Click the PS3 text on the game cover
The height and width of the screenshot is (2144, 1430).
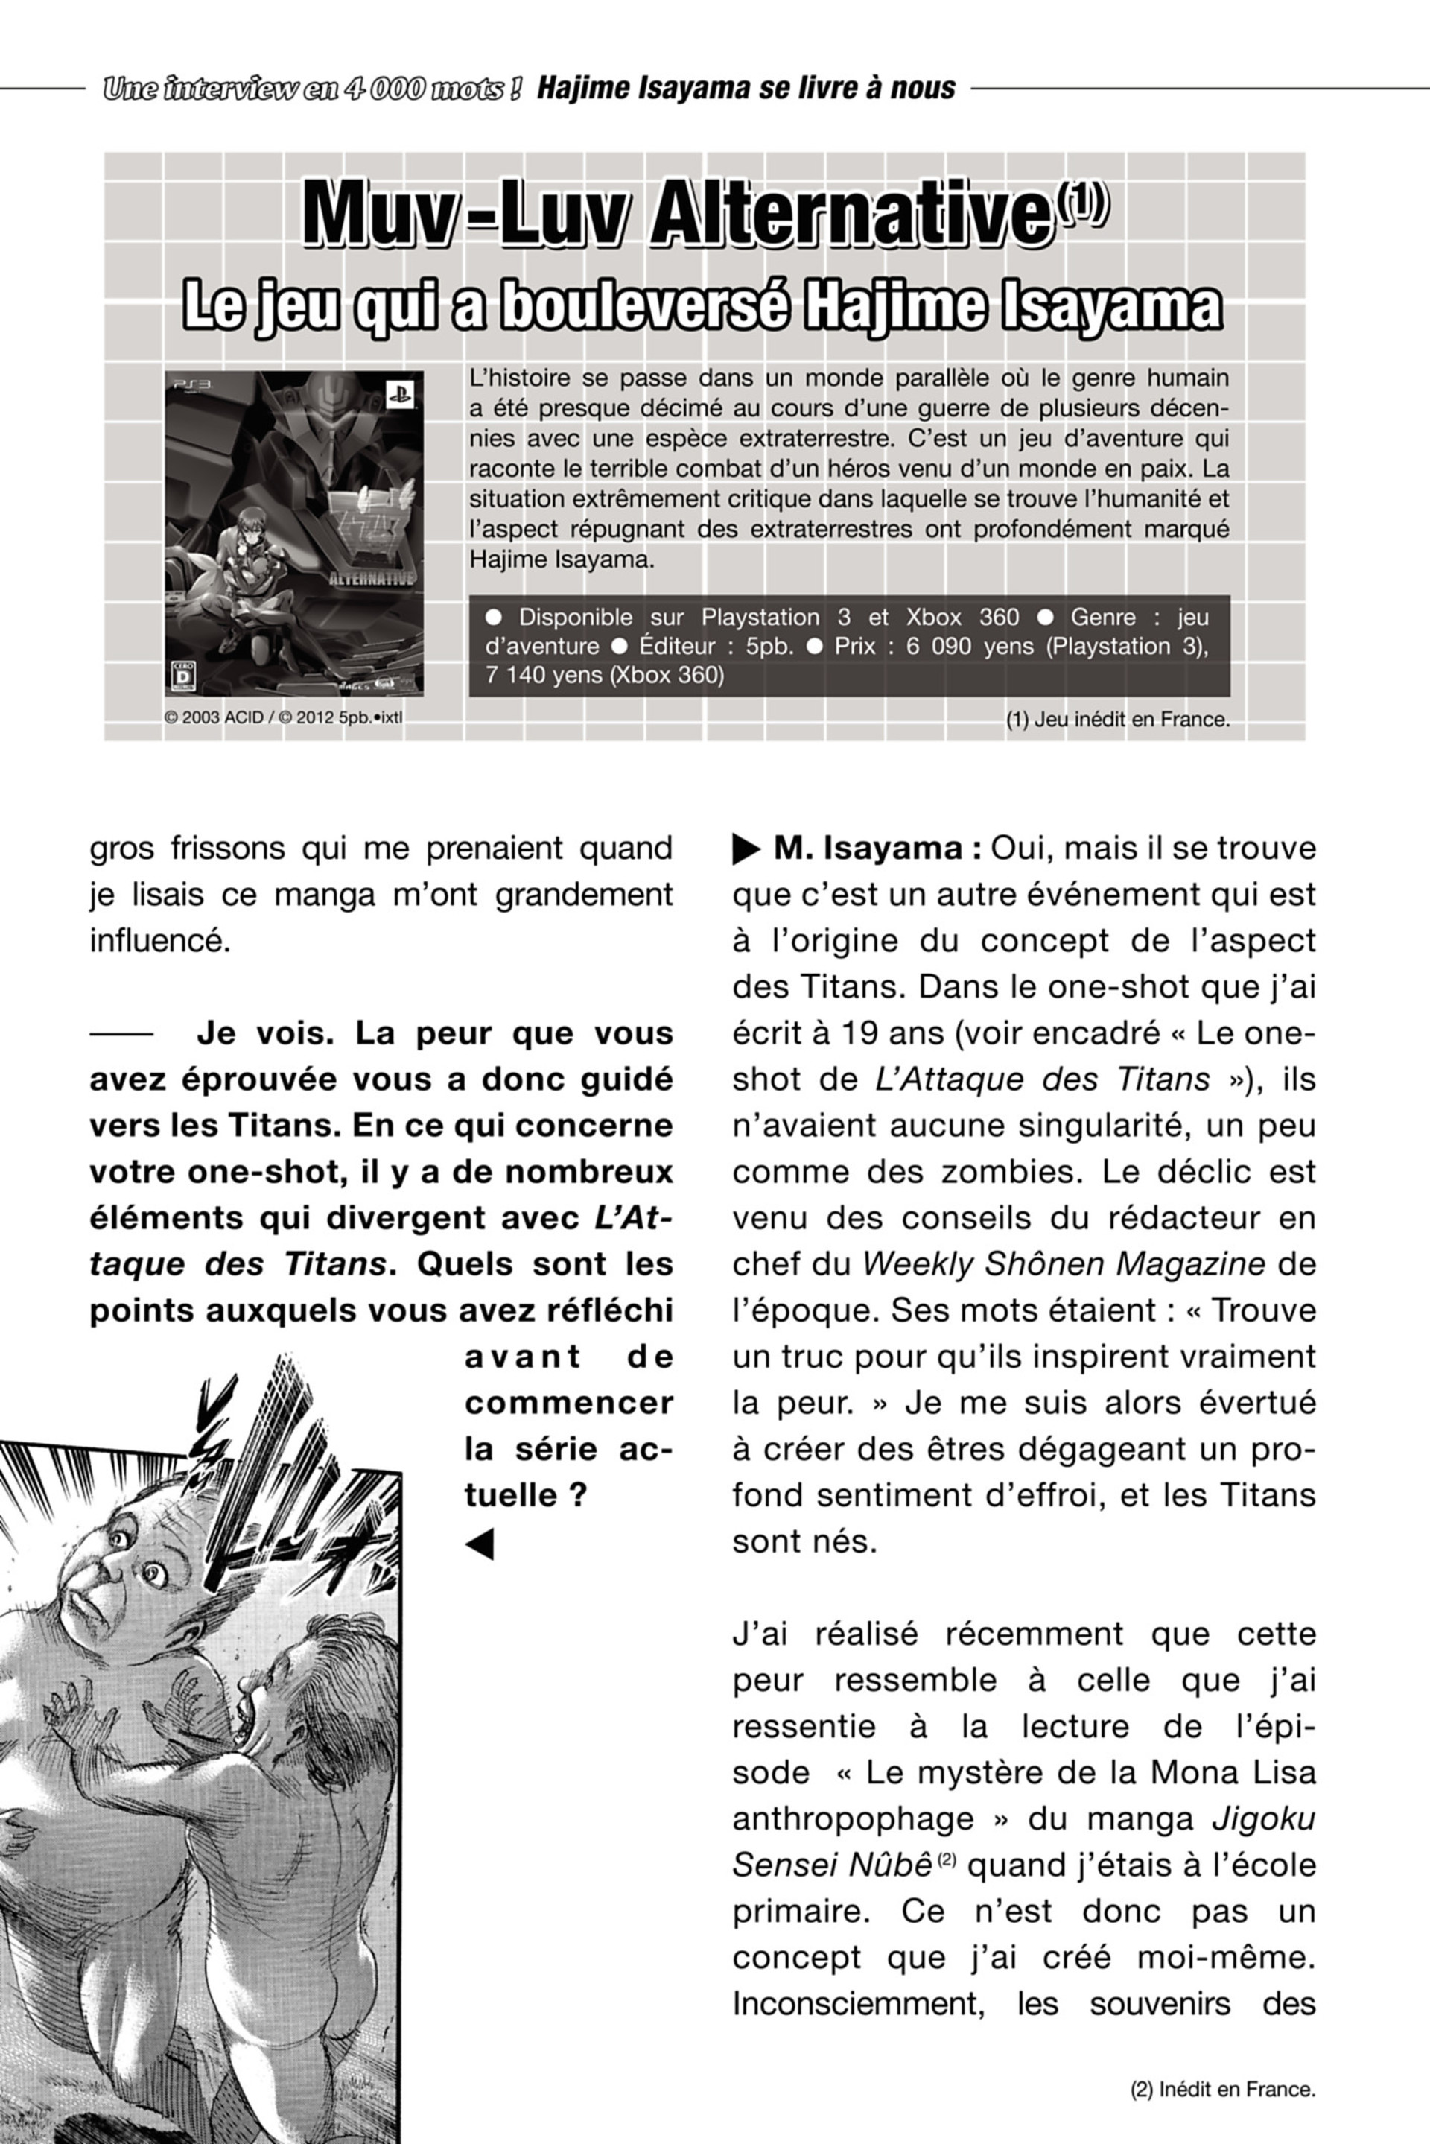(192, 386)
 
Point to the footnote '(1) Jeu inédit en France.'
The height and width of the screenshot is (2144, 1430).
(1117, 720)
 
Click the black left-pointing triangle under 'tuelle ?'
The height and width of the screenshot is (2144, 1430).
(480, 1544)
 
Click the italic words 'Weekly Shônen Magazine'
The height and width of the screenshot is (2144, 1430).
(1064, 1264)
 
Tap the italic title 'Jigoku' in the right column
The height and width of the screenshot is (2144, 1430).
(1263, 1818)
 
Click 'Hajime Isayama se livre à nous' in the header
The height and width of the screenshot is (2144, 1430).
(746, 89)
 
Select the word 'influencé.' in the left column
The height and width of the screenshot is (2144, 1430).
(159, 941)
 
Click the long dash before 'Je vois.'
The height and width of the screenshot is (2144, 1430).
(121, 1034)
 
